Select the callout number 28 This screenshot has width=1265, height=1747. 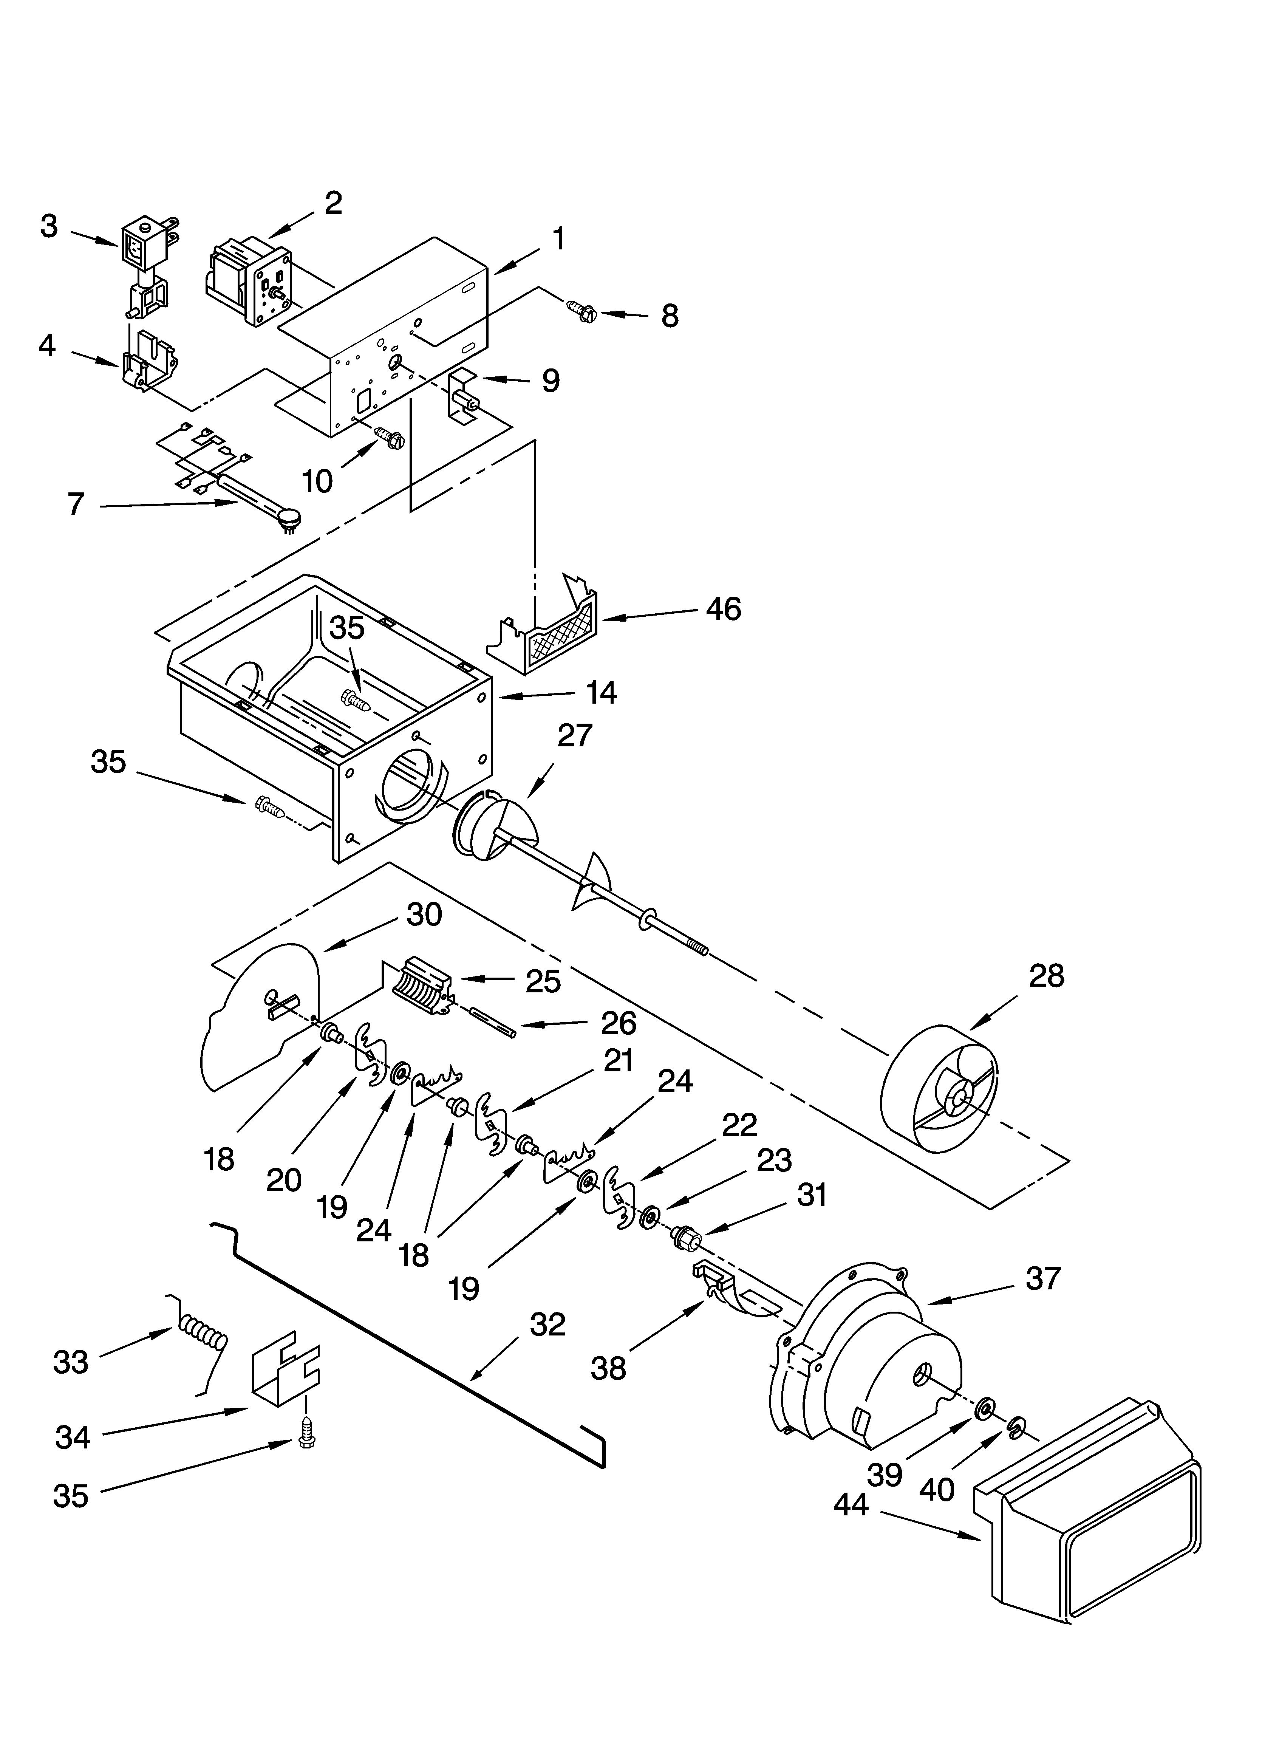click(x=1046, y=975)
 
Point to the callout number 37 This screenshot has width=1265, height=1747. click(x=1043, y=1279)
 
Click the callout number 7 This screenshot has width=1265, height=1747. click(x=76, y=504)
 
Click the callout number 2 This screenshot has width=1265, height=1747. click(x=333, y=203)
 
